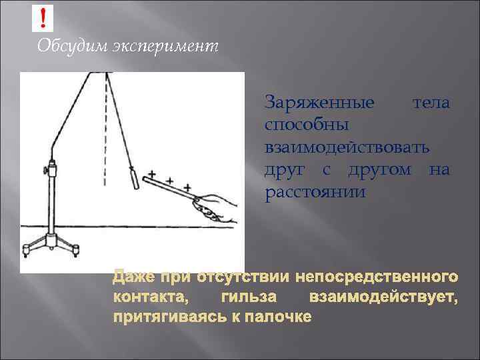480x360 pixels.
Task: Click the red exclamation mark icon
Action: [x=43, y=17]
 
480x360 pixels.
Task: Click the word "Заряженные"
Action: [x=319, y=103]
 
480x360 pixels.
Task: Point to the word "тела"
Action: [x=431, y=103]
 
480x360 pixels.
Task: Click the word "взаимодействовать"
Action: [x=347, y=147]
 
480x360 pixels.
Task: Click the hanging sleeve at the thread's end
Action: [x=135, y=180]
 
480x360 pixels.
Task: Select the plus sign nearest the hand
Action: [x=188, y=187]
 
